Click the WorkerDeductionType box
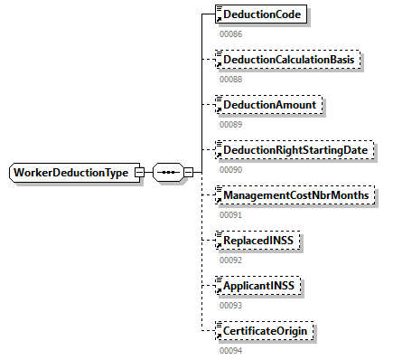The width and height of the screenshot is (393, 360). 70,173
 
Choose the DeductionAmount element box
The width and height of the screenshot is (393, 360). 268,105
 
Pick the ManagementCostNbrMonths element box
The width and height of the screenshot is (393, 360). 294,195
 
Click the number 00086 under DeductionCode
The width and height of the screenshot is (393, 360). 231,33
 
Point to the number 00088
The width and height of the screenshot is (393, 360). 231,79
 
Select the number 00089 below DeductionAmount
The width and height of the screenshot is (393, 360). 231,124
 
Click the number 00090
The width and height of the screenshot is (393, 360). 231,169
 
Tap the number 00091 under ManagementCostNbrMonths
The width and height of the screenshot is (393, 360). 231,214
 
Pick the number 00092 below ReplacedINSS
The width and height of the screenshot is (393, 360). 231,260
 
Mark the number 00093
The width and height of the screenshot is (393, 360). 231,305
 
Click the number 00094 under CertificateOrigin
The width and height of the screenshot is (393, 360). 231,350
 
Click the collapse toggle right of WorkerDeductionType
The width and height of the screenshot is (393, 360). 139,173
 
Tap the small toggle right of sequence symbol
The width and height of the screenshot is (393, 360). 188,173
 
